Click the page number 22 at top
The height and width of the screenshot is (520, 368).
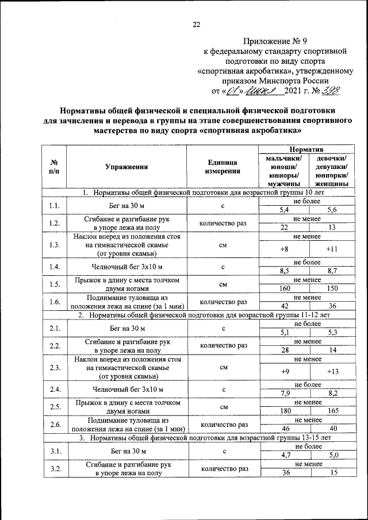[x=196, y=24]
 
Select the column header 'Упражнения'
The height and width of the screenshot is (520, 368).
[x=126, y=167]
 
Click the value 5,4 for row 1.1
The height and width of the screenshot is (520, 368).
[x=283, y=210]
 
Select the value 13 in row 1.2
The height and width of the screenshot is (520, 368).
[x=332, y=228]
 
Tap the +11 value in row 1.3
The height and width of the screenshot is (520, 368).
[x=332, y=249]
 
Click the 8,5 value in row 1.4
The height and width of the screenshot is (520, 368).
[x=283, y=270]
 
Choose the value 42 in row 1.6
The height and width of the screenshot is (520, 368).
[x=283, y=306]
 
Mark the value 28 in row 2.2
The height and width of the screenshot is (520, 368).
[x=283, y=349]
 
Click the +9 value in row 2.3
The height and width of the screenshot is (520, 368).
[x=283, y=371]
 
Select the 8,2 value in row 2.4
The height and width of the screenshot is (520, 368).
[x=332, y=393]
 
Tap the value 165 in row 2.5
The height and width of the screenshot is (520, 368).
[x=332, y=411]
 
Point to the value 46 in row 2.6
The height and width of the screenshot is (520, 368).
[x=283, y=429]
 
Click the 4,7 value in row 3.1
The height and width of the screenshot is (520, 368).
[x=283, y=454]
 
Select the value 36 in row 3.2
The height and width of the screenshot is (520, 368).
[x=283, y=472]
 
